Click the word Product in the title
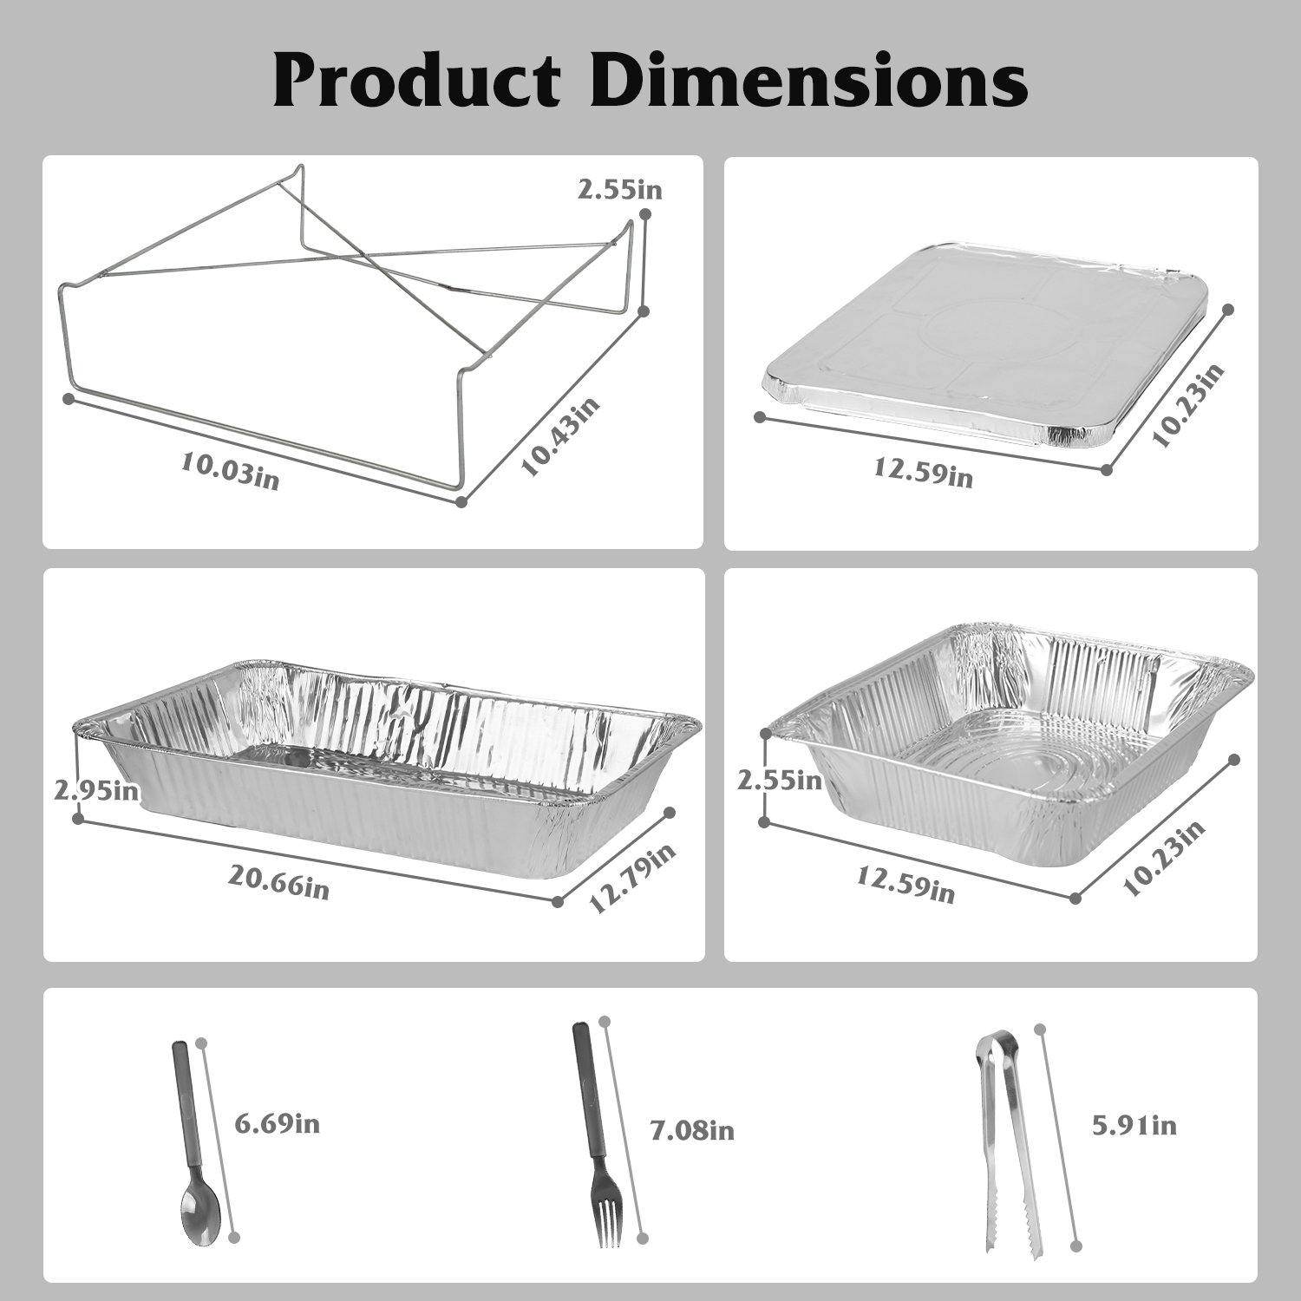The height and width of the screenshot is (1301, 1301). coord(417,81)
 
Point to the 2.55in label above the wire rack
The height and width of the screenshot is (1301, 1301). coord(620,189)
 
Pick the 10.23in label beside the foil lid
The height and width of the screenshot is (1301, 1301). coord(1189,404)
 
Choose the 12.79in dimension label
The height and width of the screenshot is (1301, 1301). coord(632,879)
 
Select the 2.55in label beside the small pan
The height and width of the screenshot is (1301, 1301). coord(780,780)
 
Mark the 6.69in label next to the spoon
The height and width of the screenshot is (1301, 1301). coord(278,1124)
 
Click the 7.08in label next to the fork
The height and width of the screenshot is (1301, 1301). coord(692,1130)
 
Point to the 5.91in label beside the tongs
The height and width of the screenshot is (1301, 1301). coord(1134,1125)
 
